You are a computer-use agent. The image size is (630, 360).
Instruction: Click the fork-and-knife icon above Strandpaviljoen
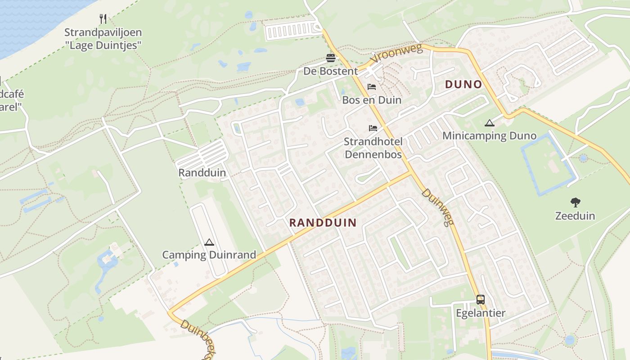103,19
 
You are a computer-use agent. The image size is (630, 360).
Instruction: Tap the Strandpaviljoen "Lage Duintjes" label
103,39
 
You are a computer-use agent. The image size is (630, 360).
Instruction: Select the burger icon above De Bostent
331,58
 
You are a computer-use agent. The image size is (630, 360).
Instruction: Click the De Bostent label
330,71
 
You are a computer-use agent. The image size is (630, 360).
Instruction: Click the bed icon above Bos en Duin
372,87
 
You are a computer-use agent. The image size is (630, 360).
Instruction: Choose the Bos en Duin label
372,100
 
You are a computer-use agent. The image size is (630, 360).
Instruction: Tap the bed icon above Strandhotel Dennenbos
373,128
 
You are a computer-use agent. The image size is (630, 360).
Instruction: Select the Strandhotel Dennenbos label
373,148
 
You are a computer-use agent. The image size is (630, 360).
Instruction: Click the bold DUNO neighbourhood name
463,85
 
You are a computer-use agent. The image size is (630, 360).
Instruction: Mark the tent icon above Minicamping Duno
489,123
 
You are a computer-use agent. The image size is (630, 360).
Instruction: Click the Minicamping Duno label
489,136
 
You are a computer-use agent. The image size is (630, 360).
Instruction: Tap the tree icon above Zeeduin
575,202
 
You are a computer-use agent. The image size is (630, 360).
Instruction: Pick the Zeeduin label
575,216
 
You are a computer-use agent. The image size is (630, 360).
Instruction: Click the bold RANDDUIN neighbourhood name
323,223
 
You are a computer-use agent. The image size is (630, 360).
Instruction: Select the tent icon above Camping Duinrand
209,242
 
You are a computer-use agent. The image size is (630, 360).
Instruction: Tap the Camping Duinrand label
209,255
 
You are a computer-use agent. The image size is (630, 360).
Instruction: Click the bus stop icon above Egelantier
481,300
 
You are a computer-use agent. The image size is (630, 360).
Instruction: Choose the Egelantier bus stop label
481,313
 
